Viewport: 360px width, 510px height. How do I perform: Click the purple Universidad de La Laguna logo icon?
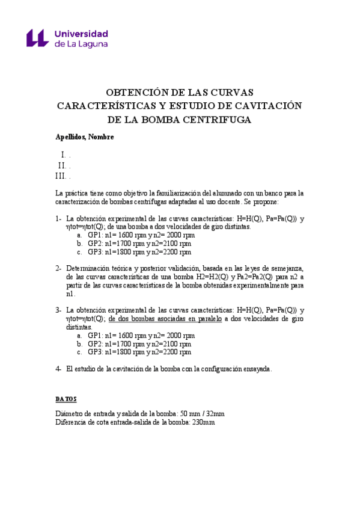click(x=37, y=38)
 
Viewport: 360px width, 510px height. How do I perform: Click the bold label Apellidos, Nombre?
click(x=85, y=137)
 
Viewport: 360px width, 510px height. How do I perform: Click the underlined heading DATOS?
click(x=66, y=399)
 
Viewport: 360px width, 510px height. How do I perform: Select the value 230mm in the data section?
click(x=201, y=422)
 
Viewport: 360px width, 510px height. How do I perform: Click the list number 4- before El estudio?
click(x=59, y=368)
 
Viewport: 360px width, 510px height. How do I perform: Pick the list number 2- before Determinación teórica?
click(x=59, y=268)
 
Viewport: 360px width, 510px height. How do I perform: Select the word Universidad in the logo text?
click(x=81, y=33)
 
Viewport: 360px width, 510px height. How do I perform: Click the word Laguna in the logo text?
click(x=93, y=44)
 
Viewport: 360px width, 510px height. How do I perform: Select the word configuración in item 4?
click(x=212, y=368)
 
